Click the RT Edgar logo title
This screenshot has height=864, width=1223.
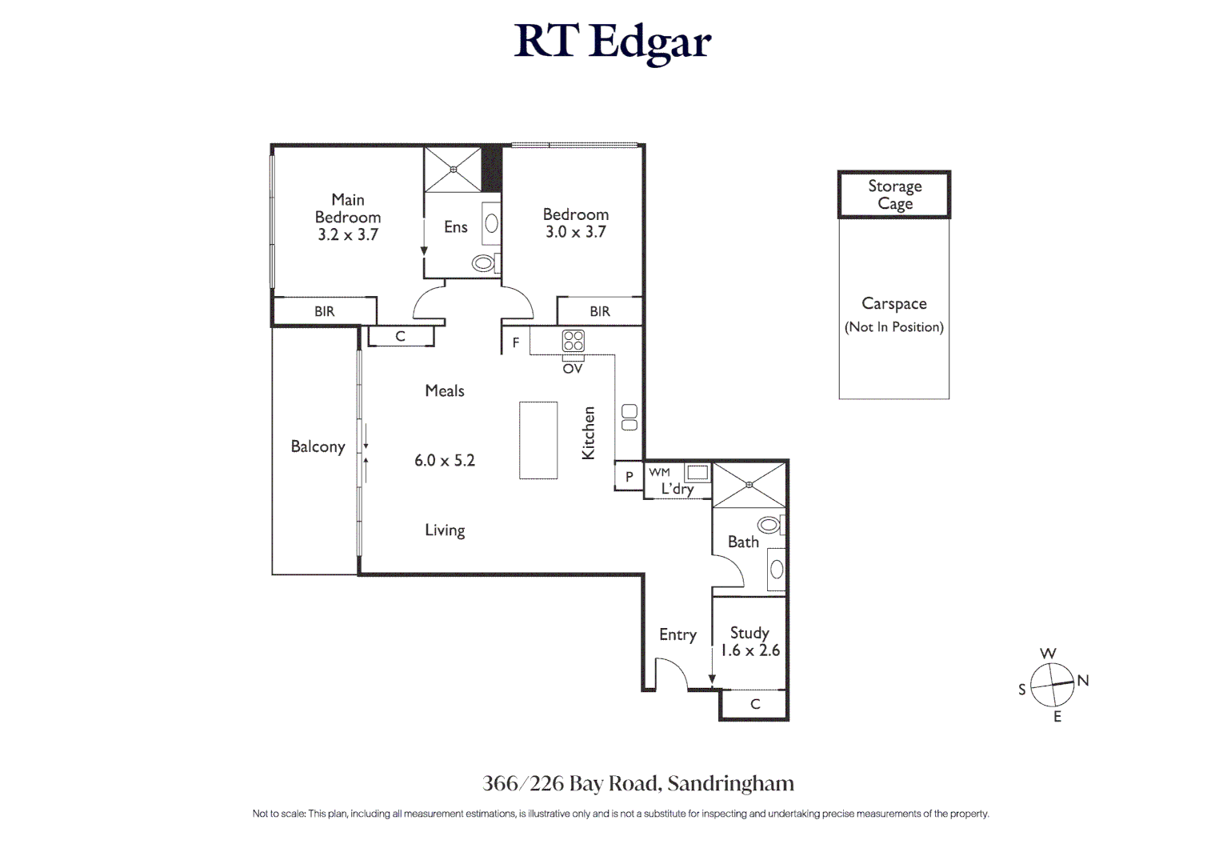[x=612, y=42]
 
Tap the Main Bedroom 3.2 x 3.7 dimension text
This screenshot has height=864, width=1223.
[x=347, y=235]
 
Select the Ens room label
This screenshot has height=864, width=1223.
[x=455, y=227]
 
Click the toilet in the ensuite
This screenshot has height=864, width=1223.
[x=484, y=262]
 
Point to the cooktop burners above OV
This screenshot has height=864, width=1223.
[x=573, y=341]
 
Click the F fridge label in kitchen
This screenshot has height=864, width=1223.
[x=516, y=342]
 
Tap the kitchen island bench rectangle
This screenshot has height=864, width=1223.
[x=538, y=440]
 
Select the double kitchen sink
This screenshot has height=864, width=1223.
[x=629, y=418]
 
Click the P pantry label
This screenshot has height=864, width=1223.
[x=629, y=477]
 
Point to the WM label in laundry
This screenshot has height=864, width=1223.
[x=660, y=473]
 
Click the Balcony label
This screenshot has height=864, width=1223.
[x=318, y=446]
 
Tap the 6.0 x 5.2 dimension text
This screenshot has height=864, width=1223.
[x=444, y=461]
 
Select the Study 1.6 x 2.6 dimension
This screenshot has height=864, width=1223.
[x=749, y=651]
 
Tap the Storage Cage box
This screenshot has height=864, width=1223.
[x=894, y=194]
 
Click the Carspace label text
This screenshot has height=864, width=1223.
[x=893, y=304]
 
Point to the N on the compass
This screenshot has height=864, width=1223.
[x=1083, y=681]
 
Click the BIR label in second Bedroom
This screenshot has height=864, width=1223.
[x=599, y=312]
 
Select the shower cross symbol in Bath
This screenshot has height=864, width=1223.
[x=749, y=485]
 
